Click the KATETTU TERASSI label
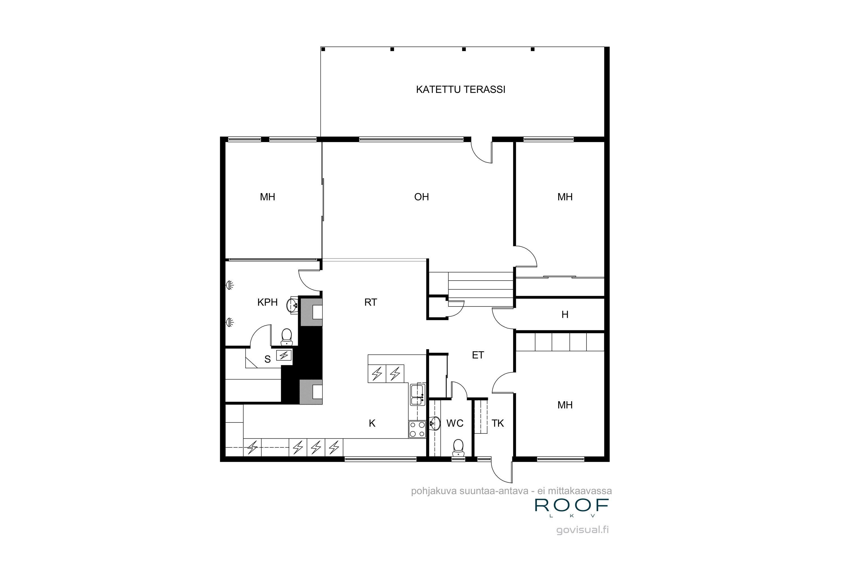[460, 90]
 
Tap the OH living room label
[421, 197]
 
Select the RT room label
[370, 302]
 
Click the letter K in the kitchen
[372, 424]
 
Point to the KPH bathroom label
[267, 302]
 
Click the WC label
[455, 424]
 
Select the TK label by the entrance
[498, 424]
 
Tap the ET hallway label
[478, 356]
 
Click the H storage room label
[565, 315]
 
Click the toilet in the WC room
[458, 447]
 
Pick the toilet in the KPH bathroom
[286, 336]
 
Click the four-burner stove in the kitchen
[417, 430]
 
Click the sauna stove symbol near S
[284, 356]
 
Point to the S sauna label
[267, 359]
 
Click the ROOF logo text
[572, 505]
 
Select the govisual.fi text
[583, 530]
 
